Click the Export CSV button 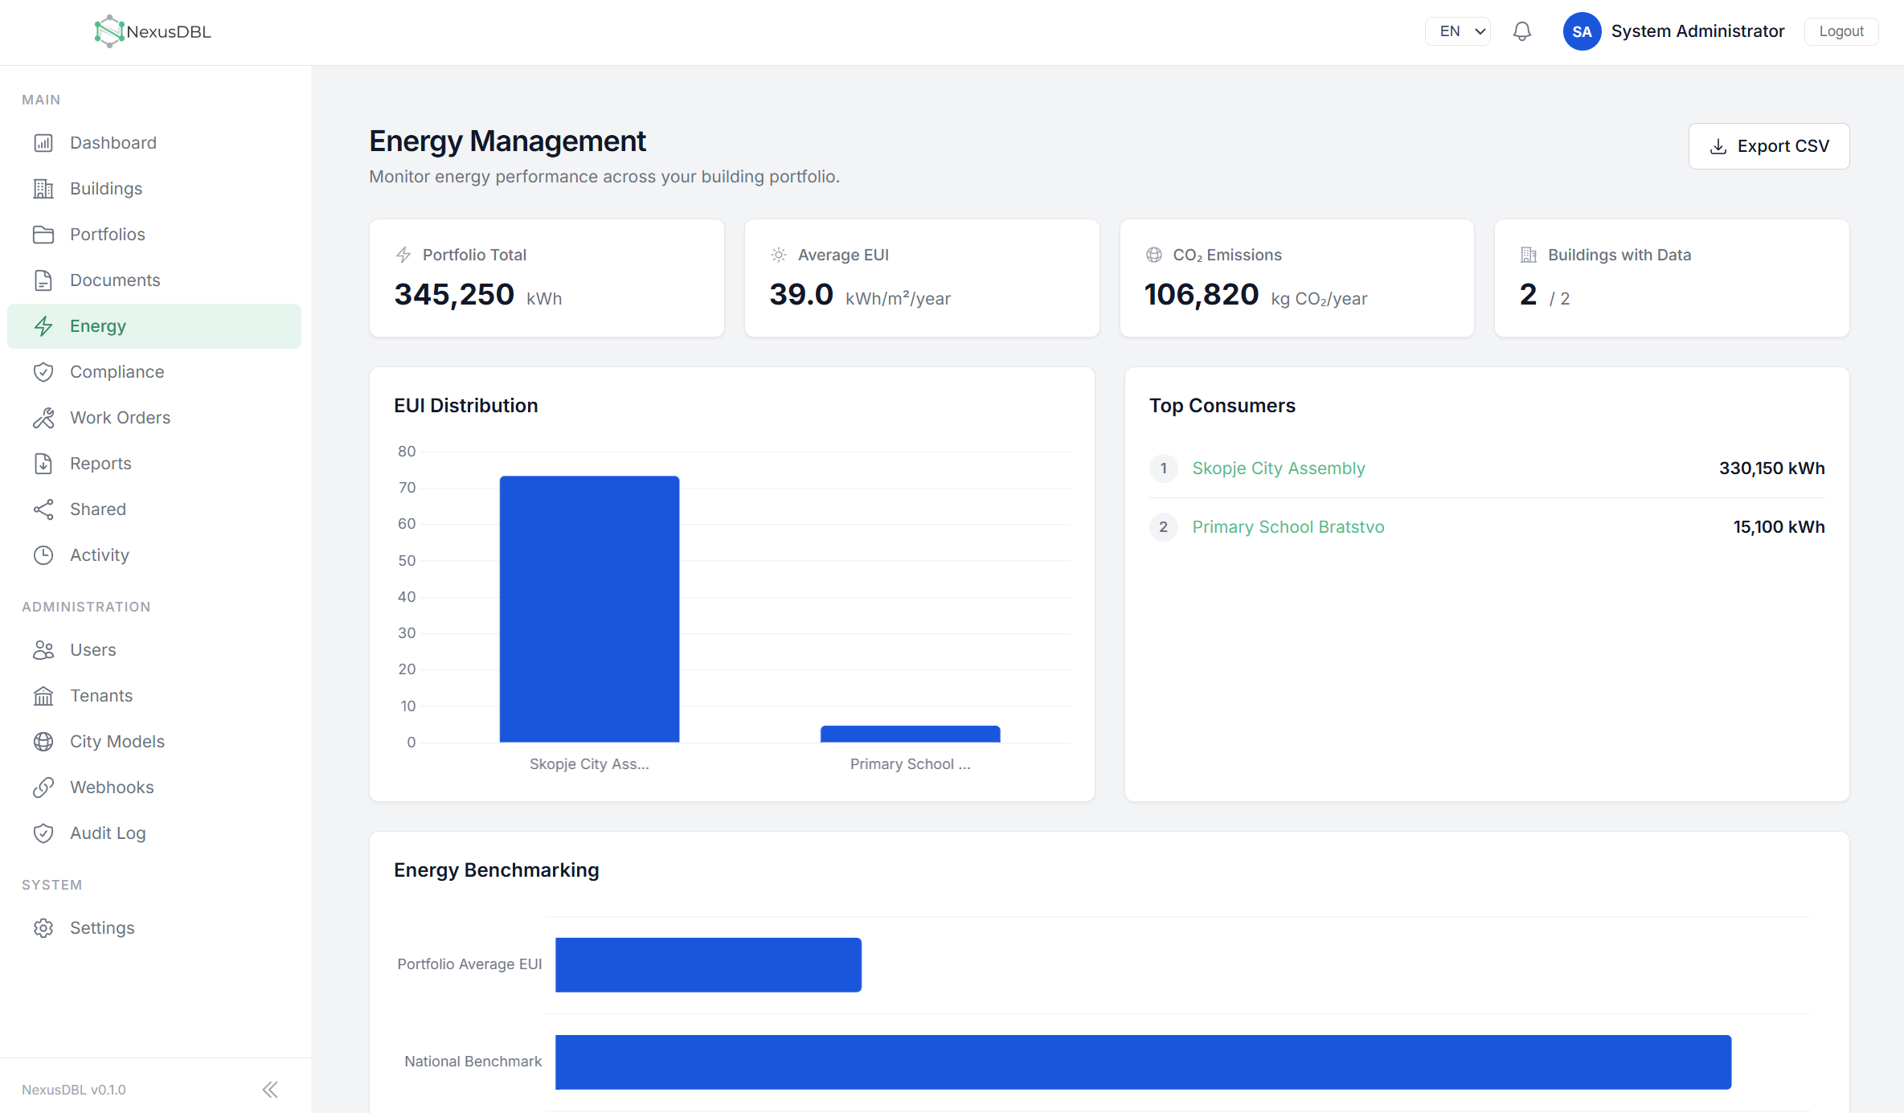tap(1768, 146)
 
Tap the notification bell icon tap(1521, 31)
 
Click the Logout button tap(1841, 31)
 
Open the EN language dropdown tap(1457, 31)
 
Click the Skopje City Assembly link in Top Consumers tap(1278, 469)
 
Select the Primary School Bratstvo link tap(1288, 527)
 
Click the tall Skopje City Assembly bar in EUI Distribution tap(589, 609)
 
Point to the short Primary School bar tap(910, 734)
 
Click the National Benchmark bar tap(1143, 1062)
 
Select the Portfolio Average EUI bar tap(708, 965)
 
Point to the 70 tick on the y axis tap(407, 488)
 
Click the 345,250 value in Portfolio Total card tap(454, 295)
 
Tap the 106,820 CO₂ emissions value tap(1202, 295)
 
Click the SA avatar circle tap(1582, 31)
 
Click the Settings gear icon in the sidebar tap(43, 928)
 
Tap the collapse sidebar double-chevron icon tap(270, 1090)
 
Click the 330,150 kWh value tap(1771, 469)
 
